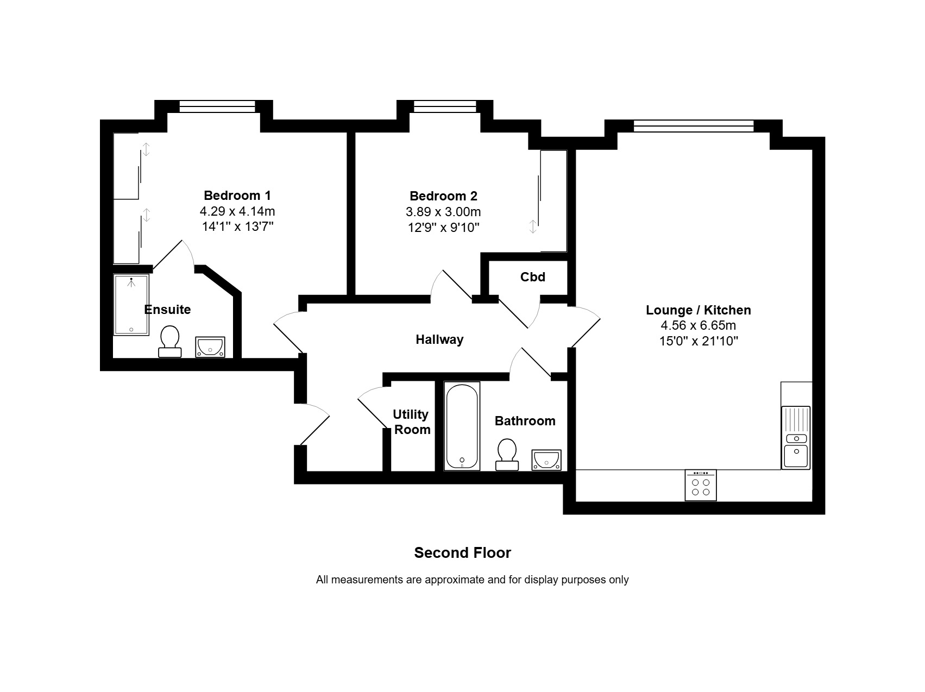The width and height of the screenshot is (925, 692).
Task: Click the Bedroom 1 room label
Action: point(237,196)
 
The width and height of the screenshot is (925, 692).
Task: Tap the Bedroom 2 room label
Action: point(443,196)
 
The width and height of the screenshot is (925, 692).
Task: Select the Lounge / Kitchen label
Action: point(699,310)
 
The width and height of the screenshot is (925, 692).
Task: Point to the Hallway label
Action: point(439,340)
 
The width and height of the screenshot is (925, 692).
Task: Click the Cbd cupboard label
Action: point(533,277)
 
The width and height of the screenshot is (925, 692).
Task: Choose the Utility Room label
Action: point(412,422)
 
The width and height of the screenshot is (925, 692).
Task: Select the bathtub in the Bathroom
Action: point(462,426)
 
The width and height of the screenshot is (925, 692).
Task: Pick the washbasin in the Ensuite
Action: point(210,347)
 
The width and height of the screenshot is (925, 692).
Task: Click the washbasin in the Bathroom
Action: point(546,460)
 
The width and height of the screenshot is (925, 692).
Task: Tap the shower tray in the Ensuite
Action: point(131,305)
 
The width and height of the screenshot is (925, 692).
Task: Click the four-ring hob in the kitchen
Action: point(701,485)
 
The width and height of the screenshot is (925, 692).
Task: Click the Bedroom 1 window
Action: point(217,106)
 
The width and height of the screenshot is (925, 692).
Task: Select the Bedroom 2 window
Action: point(445,106)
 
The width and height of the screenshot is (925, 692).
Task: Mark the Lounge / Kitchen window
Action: point(694,126)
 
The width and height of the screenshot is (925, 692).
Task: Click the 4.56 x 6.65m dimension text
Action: point(699,326)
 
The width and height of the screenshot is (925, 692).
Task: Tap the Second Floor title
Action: point(463,553)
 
